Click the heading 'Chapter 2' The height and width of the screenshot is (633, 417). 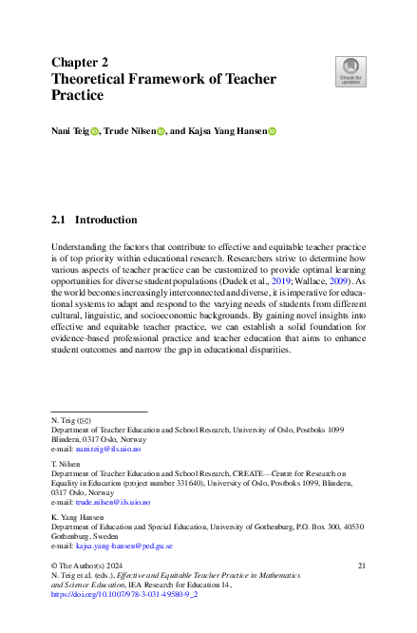pos(80,62)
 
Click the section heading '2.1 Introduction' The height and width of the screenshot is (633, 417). pos(94,220)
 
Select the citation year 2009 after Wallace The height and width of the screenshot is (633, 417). pos(343,281)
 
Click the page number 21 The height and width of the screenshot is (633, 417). pos(361,566)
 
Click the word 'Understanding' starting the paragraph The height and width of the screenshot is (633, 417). pos(79,245)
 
